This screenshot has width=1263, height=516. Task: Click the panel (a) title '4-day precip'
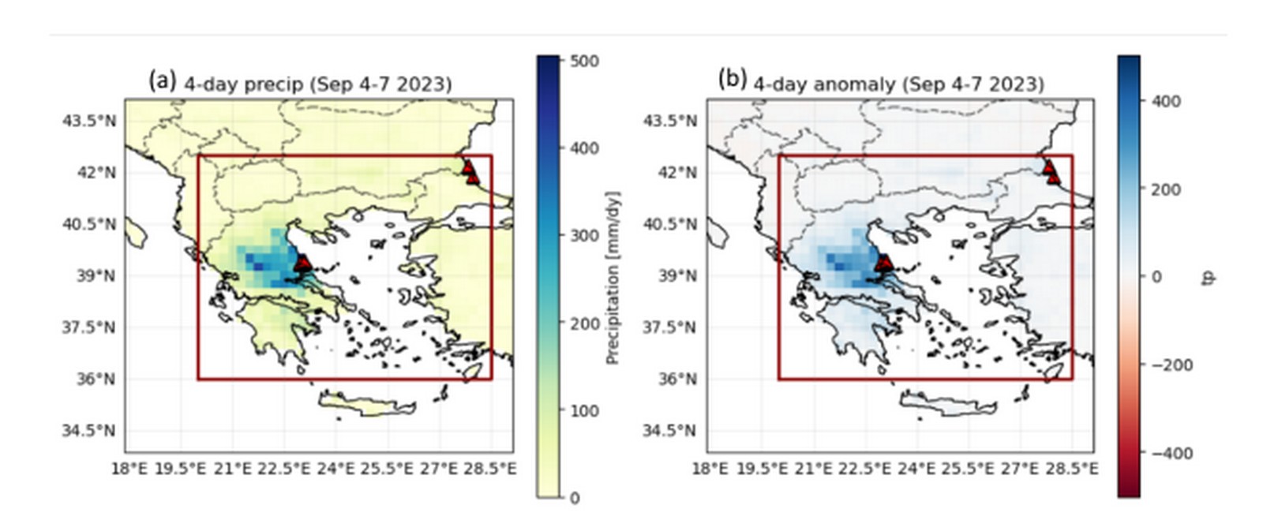(317, 84)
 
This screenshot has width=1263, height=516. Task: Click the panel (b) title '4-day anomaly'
(898, 84)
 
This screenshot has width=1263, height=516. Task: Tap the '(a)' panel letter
(162, 80)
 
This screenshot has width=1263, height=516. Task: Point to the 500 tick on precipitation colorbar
(583, 61)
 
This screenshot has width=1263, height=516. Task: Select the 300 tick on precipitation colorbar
(583, 236)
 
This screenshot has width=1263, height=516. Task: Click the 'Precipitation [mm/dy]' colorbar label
(613, 277)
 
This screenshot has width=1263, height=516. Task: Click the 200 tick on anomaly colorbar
(1166, 189)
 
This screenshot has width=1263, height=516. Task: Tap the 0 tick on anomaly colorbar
(1156, 277)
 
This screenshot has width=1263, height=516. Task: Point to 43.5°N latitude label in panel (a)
(88, 121)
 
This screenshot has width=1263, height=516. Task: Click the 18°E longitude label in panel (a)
(129, 469)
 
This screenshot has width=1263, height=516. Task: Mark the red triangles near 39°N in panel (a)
(303, 264)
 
